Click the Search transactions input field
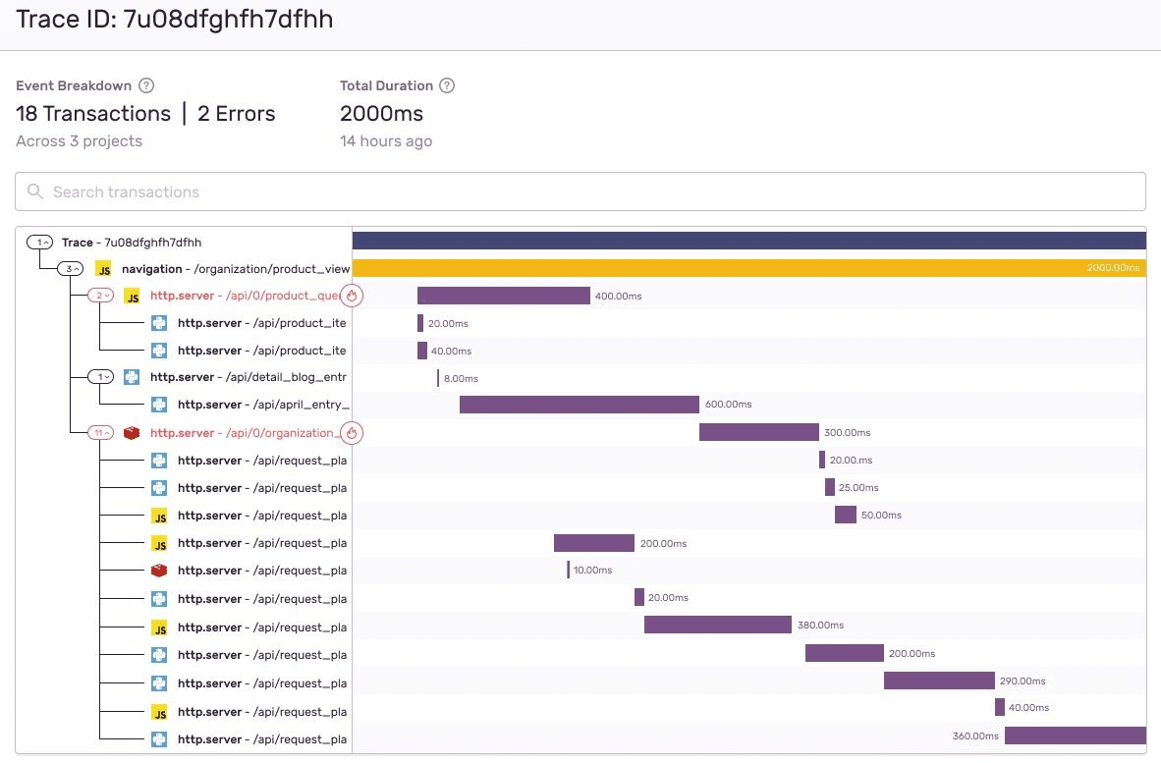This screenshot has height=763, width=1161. [580, 191]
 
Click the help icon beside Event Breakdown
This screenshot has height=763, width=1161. [147, 85]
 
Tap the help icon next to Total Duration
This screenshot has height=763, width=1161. [447, 85]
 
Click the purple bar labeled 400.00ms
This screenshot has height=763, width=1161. [503, 296]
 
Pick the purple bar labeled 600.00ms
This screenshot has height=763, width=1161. [579, 405]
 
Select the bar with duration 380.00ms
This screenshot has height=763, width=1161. [717, 626]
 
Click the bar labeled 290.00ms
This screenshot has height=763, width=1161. [939, 681]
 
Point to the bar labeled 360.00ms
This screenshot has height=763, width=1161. [1075, 736]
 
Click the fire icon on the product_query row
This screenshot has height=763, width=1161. [352, 296]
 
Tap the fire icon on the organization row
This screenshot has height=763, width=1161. [352, 432]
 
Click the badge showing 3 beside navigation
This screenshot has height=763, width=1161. [71, 268]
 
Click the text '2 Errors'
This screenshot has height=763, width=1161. [236, 114]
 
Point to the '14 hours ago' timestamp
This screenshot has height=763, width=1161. [385, 141]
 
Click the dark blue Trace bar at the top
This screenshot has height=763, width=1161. [748, 241]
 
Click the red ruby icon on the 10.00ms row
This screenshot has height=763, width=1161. [159, 571]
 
